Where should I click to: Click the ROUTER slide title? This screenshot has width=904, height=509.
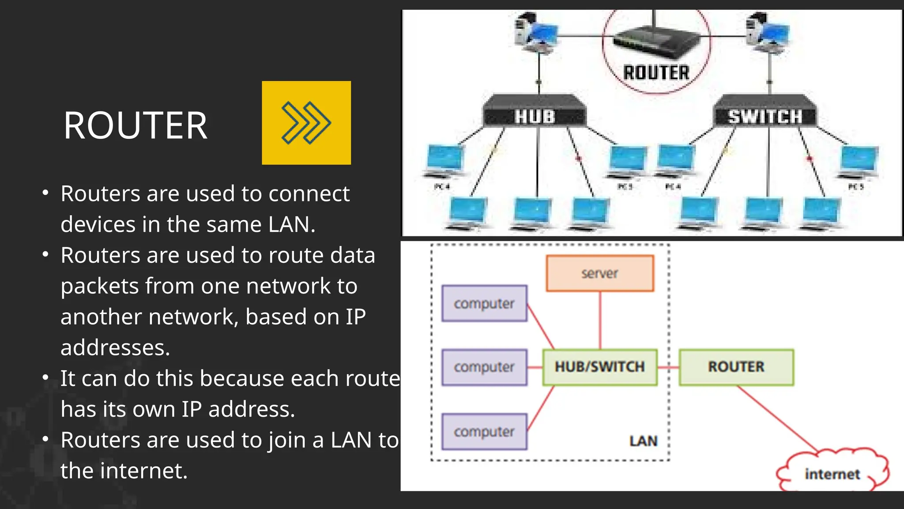coord(135,125)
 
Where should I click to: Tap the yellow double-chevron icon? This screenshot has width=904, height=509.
coord(306,123)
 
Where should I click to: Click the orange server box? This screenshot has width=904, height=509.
coord(599,273)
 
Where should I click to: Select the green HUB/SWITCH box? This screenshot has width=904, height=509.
coord(599,367)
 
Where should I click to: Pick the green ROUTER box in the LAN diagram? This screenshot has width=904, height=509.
coord(736,367)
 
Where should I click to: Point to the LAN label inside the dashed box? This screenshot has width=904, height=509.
coord(643,441)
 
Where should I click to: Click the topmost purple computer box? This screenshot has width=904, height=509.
coord(484,304)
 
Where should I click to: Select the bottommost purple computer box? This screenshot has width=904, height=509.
coord(484,432)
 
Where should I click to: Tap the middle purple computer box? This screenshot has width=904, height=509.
coord(484,367)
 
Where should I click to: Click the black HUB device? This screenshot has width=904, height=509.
coord(535,113)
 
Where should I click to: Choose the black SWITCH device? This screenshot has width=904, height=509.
coord(765,113)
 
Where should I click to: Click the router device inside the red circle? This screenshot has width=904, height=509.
coord(656,42)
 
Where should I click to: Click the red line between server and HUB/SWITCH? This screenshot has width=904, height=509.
coord(600,320)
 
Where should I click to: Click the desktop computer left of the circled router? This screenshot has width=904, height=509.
coord(535,34)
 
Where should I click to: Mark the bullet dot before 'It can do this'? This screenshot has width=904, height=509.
coord(45,378)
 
